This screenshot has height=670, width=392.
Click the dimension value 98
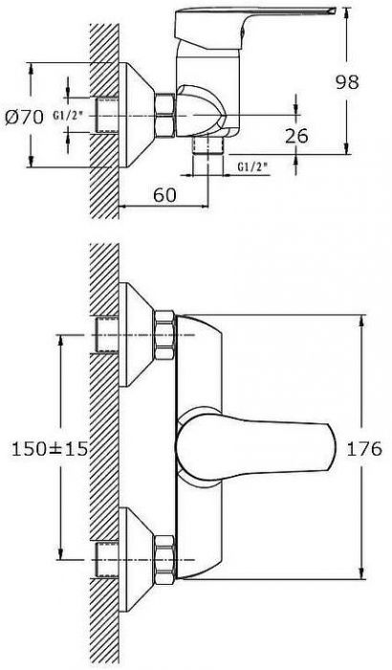click(347, 81)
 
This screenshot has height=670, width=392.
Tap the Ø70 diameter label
click(25, 116)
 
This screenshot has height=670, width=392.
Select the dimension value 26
click(296, 136)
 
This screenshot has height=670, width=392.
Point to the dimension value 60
click(164, 195)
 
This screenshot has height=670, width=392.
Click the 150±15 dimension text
click(49, 449)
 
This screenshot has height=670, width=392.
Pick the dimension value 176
click(363, 449)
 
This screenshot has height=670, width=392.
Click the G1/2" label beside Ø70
click(68, 116)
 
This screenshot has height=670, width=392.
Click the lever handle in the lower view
click(256, 448)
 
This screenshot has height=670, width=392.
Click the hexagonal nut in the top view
click(164, 116)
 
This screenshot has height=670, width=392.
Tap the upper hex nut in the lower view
click(164, 335)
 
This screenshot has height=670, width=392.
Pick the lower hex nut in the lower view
click(164, 559)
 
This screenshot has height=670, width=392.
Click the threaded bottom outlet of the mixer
click(208, 145)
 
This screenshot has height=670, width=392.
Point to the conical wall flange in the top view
click(136, 116)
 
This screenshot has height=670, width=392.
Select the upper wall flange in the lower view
click(137, 335)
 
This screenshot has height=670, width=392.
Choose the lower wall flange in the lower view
click(137, 559)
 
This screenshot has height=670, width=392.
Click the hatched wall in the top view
click(104, 121)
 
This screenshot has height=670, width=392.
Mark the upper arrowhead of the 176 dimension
click(363, 321)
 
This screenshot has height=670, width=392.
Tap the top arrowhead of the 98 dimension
click(346, 12)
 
